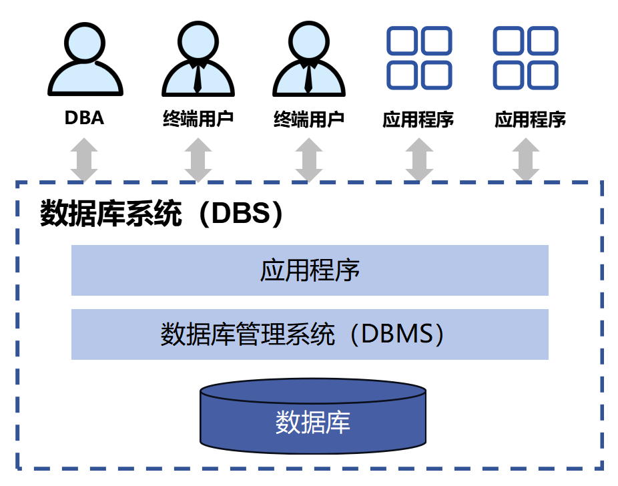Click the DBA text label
click(x=84, y=119)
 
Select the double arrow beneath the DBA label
click(x=84, y=160)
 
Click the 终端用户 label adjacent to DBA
click(x=198, y=119)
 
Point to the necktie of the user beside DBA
click(x=198, y=77)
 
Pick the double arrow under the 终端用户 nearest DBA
click(x=198, y=160)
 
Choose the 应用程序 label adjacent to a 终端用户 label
click(x=418, y=119)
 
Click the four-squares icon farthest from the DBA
click(x=525, y=58)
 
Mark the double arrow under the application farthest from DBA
click(x=527, y=160)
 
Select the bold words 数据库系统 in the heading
click(x=111, y=214)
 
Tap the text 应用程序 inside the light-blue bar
click(x=310, y=270)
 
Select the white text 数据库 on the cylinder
click(x=313, y=422)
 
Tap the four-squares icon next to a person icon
click(x=419, y=58)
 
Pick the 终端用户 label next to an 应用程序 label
click(x=309, y=119)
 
